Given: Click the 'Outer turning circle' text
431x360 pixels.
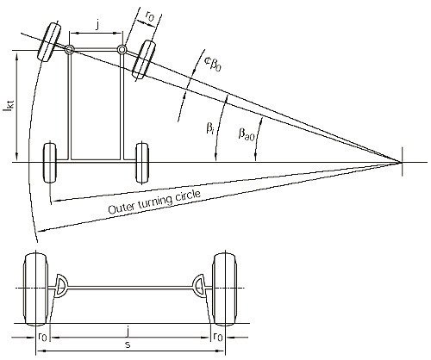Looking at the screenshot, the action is [x=154, y=202].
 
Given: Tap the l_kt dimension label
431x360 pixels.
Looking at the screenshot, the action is [x=10, y=108].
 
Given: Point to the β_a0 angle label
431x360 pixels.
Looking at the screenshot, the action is [x=247, y=133].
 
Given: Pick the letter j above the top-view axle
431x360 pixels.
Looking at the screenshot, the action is [x=97, y=25].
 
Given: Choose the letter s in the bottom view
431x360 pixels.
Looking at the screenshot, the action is [x=128, y=344].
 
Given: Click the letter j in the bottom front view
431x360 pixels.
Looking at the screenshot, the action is [x=128, y=332].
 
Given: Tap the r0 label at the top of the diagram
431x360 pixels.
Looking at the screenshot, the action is [x=149, y=16].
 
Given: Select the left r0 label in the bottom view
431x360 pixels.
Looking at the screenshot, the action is [x=42, y=336].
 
